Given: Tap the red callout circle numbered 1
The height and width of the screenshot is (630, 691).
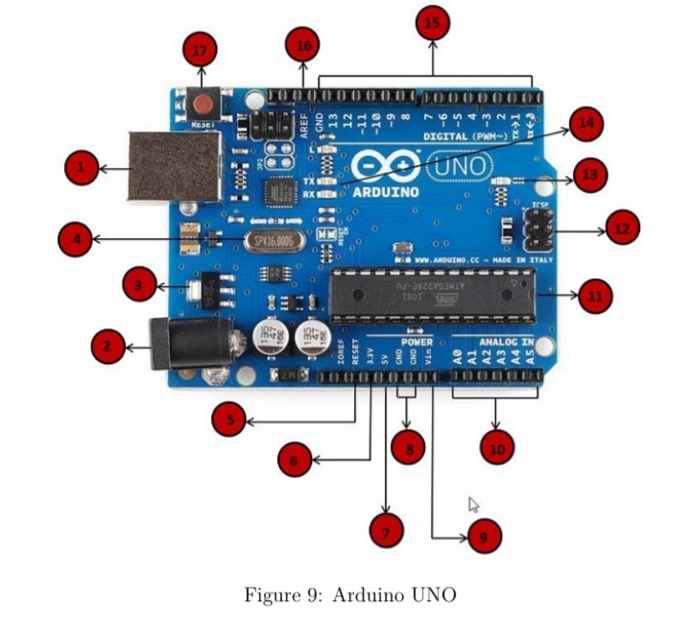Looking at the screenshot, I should pyautogui.click(x=81, y=171).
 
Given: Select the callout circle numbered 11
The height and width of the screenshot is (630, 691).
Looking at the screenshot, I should pyautogui.click(x=594, y=295).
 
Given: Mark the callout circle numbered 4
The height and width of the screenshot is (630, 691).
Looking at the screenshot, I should pyautogui.click(x=75, y=238).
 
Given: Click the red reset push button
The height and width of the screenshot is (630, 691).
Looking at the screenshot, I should pyautogui.click(x=203, y=103).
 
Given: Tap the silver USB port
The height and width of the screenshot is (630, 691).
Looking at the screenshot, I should pyautogui.click(x=176, y=165).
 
